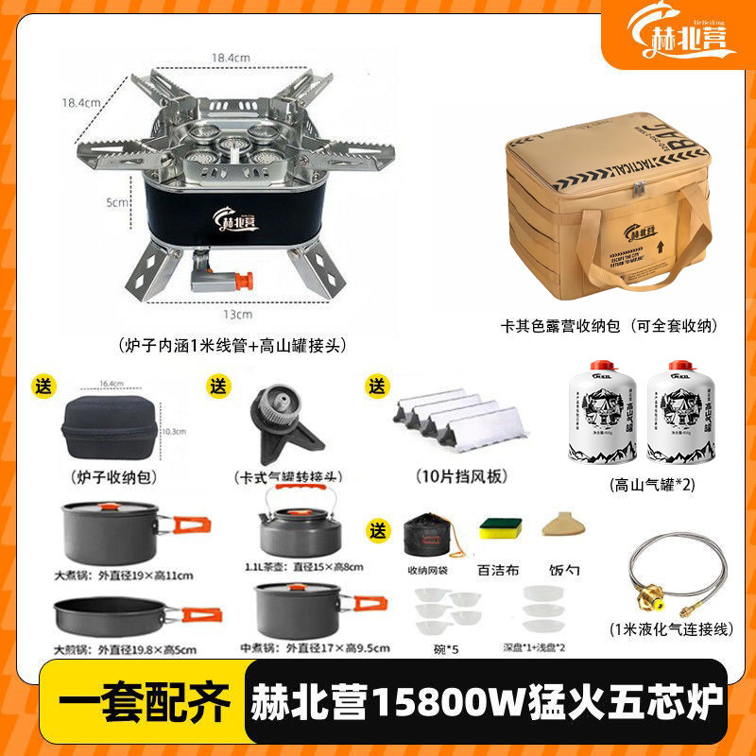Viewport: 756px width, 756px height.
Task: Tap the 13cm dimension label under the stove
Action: click(x=244, y=314)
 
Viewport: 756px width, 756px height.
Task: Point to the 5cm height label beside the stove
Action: click(x=115, y=202)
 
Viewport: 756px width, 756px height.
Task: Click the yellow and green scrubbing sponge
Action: click(x=498, y=530)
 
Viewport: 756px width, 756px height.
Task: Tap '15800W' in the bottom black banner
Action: click(x=427, y=704)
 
